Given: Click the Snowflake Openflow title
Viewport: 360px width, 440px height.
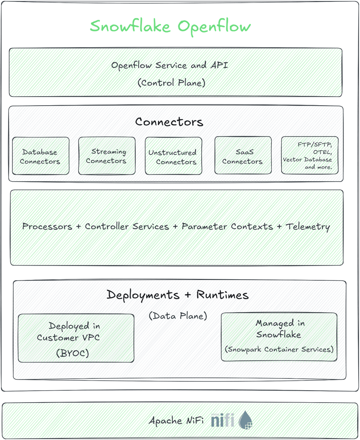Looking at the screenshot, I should tap(170, 27).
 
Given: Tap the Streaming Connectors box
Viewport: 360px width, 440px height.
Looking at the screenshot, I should tap(107, 156).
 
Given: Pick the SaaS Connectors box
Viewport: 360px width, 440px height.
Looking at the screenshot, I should tap(242, 156).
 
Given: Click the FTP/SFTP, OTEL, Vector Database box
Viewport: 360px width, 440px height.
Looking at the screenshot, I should tap(309, 155).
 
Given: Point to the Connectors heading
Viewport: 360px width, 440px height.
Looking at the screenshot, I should tap(169, 122).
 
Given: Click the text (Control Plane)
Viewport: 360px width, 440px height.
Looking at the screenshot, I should tap(172, 83).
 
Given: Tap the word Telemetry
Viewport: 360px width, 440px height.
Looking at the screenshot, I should tap(308, 226).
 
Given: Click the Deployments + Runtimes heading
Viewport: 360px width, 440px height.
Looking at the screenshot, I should tap(177, 295).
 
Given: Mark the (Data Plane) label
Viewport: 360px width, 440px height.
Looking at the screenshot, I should tap(178, 316).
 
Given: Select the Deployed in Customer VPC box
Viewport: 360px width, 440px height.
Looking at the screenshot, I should tap(76, 337).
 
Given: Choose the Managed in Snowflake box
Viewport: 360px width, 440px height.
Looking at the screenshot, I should tap(279, 336).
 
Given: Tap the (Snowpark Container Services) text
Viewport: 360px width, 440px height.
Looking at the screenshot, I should tap(279, 350).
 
